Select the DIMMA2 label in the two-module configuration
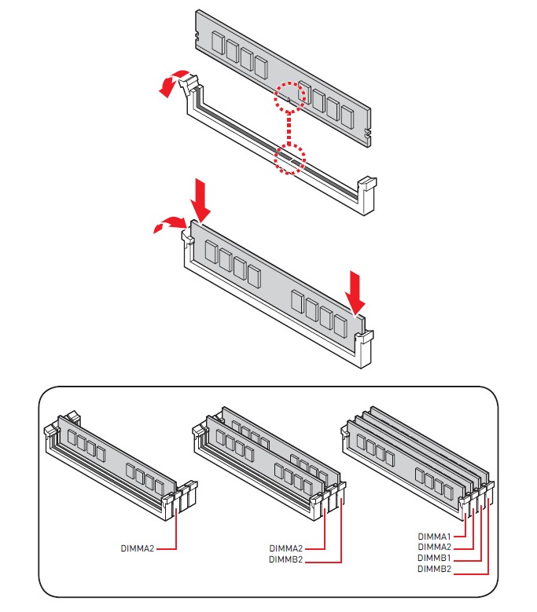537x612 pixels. click(285, 548)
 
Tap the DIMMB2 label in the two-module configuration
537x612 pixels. click(285, 560)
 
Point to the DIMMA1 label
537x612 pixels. click(434, 537)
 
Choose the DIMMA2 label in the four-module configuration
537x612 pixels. click(434, 547)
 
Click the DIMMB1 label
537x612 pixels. click(434, 558)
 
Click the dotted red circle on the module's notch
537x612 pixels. click(289, 96)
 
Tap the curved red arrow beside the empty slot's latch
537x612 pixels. click(172, 83)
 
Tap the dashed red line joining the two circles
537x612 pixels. click(289, 128)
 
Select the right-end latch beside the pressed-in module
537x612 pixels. click(365, 348)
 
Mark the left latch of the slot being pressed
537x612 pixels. click(187, 240)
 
